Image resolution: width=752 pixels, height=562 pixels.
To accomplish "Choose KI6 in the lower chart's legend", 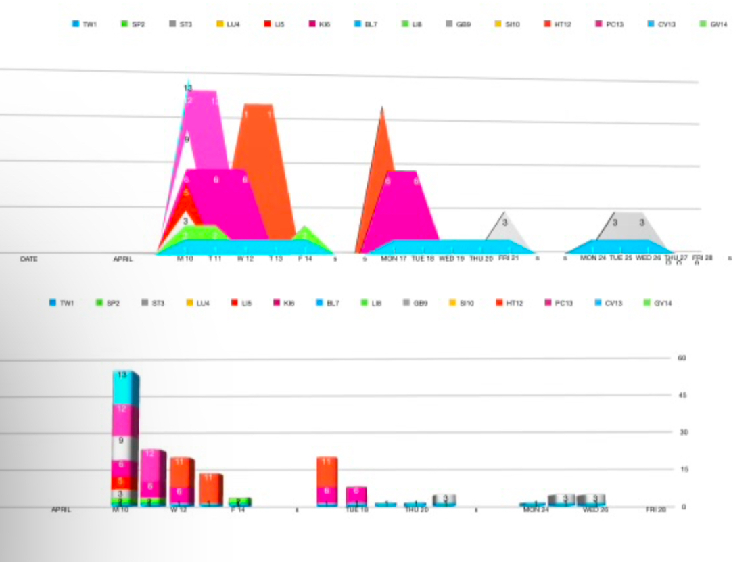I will pyautogui.click(x=283, y=303).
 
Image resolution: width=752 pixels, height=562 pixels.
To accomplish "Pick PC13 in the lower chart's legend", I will pyautogui.click(x=557, y=303).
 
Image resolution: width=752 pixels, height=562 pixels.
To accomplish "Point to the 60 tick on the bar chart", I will pyautogui.click(x=682, y=357).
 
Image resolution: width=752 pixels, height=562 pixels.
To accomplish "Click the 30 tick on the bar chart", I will pyautogui.click(x=682, y=432).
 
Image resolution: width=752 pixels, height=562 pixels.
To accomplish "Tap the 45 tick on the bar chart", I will pyautogui.click(x=682, y=395).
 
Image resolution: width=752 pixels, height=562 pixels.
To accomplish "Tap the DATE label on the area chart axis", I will pyautogui.click(x=28, y=259).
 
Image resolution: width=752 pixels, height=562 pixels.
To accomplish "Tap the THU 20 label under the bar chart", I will pyautogui.click(x=416, y=510).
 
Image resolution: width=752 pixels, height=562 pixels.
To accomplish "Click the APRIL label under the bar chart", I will pyautogui.click(x=62, y=510).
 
